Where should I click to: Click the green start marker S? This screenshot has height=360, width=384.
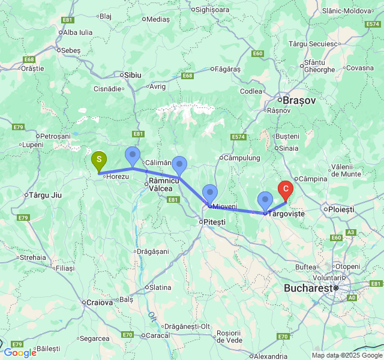(99, 161)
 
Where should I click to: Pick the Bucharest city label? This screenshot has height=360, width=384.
(308, 288)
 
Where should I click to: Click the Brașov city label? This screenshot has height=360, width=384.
(299, 100)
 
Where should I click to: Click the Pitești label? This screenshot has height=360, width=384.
(214, 222)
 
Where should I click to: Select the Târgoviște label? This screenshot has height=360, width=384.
(286, 214)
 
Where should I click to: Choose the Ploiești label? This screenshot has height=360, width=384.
(340, 209)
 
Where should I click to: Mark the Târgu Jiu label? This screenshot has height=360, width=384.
(46, 196)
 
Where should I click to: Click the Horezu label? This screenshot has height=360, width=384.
(118, 176)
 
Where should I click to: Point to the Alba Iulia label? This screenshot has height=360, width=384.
(77, 32)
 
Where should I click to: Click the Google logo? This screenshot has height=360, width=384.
(20, 353)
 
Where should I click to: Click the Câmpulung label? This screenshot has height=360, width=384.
(242, 158)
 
